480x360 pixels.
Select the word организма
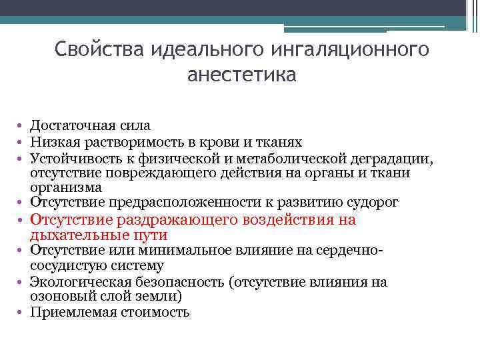coord(65,188)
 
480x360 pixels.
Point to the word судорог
coord(371,202)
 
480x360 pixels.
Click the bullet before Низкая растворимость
coord(22,143)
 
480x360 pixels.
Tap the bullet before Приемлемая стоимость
coord(22,311)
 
